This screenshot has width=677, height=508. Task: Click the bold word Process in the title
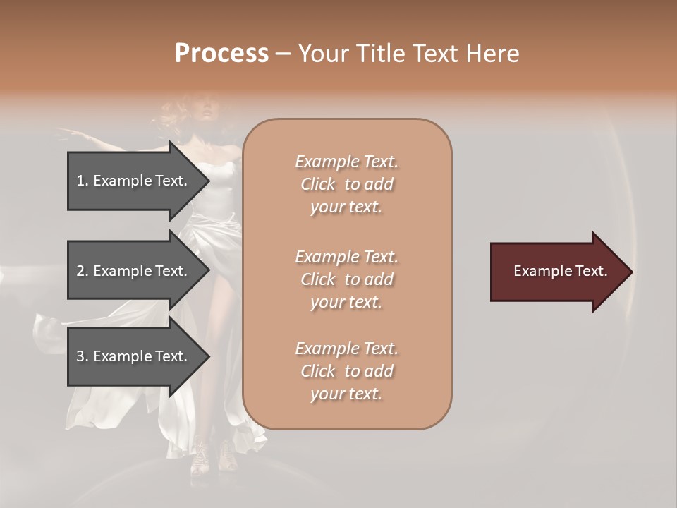[x=221, y=54]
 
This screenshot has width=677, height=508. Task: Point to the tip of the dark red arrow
[x=631, y=272]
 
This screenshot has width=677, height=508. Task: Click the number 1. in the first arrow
[x=83, y=181]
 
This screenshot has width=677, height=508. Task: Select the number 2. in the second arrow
[x=83, y=271]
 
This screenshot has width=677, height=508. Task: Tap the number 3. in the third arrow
[x=83, y=356]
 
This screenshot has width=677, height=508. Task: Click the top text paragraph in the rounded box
[x=346, y=184]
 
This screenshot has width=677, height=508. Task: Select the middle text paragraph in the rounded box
[x=346, y=279]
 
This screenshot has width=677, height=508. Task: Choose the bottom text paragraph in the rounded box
[x=346, y=371]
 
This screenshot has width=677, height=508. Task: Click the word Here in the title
[x=493, y=54]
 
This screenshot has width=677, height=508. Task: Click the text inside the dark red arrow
[x=560, y=271]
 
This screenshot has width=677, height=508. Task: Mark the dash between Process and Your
[x=283, y=54]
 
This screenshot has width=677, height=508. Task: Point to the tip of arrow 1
[x=208, y=181]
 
